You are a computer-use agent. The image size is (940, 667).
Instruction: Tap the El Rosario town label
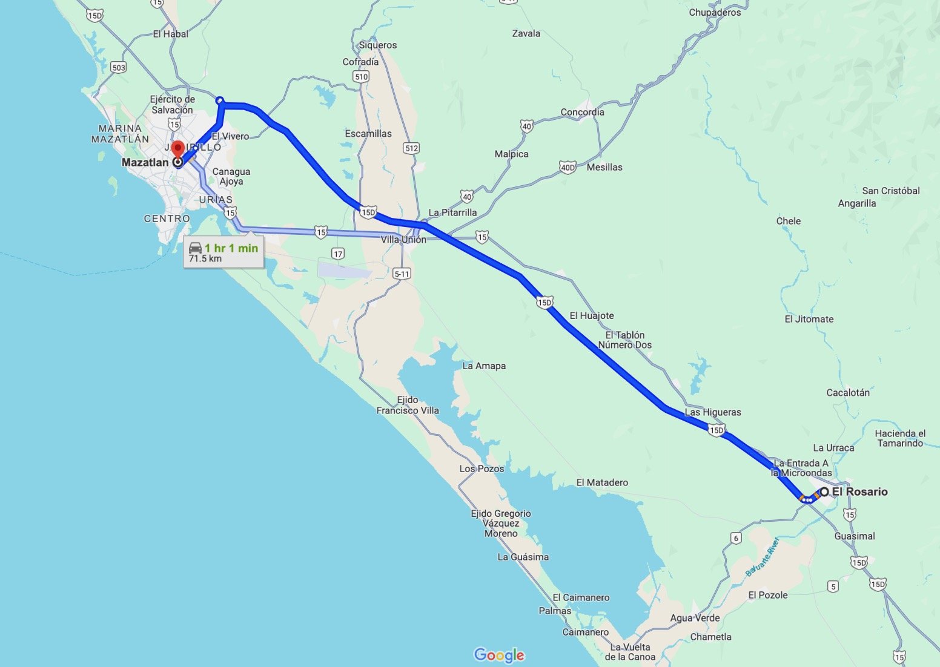pos(859,491)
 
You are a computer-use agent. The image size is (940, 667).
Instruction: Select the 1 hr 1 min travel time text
pos(231,248)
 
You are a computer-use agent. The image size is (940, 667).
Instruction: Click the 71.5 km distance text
pos(205,259)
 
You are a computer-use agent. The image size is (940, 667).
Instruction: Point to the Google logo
pos(499,655)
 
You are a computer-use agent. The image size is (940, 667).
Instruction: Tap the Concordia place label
pos(582,112)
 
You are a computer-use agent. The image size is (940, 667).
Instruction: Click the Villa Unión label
pos(403,240)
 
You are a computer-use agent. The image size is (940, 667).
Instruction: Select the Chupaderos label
pos(715,12)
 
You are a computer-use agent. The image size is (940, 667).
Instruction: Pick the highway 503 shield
pos(119,67)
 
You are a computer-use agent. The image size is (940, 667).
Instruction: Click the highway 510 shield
pos(361,76)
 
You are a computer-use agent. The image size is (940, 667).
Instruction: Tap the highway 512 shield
pos(411,148)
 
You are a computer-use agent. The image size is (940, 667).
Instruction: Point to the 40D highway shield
pos(568,168)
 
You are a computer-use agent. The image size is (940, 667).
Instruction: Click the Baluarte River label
pos(761,556)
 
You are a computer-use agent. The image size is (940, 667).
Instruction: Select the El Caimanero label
pos(581,597)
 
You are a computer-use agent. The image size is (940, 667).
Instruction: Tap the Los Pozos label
pos(482,468)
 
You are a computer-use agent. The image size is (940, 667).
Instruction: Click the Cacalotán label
pos(848,392)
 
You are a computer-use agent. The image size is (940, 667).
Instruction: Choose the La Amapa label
pos(484,366)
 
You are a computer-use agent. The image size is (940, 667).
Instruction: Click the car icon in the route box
pos(195,248)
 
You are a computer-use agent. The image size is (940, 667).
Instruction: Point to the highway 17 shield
pos(338,254)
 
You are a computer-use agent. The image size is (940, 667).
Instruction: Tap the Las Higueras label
pos(713,412)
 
